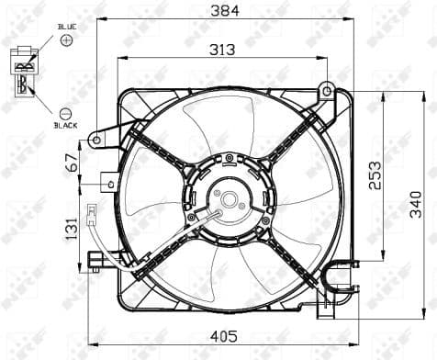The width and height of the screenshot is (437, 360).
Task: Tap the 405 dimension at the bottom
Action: tap(225, 336)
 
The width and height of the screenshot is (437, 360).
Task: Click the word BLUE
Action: tap(67, 28)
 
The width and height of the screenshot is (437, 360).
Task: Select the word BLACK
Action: tap(66, 124)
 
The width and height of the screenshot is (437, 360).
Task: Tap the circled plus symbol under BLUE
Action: tap(65, 42)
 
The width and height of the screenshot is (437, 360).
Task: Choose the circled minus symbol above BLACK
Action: tap(64, 110)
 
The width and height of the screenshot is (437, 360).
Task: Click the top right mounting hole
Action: tap(325, 89)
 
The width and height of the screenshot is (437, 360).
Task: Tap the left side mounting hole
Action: tap(95, 141)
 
